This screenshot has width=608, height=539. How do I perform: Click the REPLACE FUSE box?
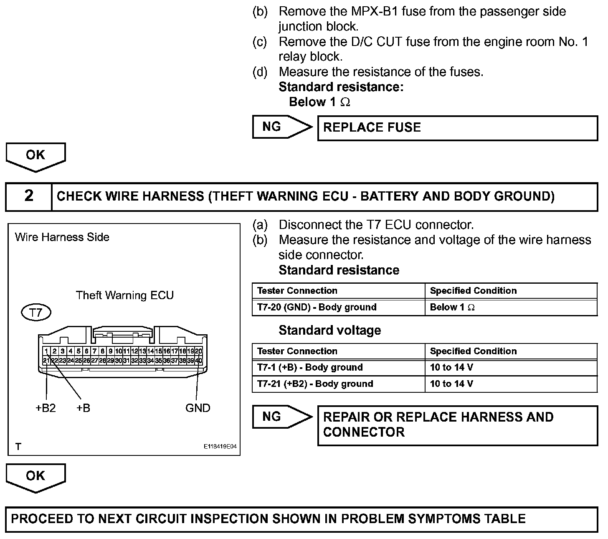pyautogui.click(x=457, y=128)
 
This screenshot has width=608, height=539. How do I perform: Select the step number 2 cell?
pyautogui.click(x=29, y=196)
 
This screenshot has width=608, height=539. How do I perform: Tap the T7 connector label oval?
pyautogui.click(x=36, y=313)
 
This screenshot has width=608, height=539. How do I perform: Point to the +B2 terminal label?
pyautogui.click(x=46, y=408)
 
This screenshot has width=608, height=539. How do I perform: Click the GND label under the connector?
pyautogui.click(x=198, y=408)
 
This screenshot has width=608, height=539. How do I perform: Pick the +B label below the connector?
pyautogui.click(x=83, y=408)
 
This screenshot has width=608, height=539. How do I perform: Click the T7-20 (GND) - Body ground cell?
pyautogui.click(x=338, y=308)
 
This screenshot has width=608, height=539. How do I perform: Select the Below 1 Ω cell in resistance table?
pyautogui.click(x=511, y=308)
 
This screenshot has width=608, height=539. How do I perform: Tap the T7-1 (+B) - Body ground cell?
pyautogui.click(x=338, y=368)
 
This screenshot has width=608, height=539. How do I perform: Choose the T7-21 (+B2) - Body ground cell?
pyautogui.click(x=338, y=384)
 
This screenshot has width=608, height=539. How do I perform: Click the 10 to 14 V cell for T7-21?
pyautogui.click(x=511, y=384)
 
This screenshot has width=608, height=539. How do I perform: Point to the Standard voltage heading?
pyautogui.click(x=329, y=331)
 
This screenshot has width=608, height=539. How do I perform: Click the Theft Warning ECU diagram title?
pyautogui.click(x=124, y=295)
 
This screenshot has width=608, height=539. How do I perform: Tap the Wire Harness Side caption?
pyautogui.click(x=62, y=237)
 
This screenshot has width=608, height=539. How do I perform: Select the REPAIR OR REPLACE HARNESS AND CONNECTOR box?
pyautogui.click(x=457, y=425)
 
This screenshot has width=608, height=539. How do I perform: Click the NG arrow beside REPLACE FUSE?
pyautogui.click(x=281, y=127)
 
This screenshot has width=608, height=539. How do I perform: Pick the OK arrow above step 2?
pyautogui.click(x=35, y=156)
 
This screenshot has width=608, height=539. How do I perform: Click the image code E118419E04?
pyautogui.click(x=220, y=447)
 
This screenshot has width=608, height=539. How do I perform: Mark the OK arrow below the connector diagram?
pyautogui.click(x=35, y=477)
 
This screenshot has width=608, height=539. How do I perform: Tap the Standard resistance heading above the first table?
pyautogui.click(x=339, y=270)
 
